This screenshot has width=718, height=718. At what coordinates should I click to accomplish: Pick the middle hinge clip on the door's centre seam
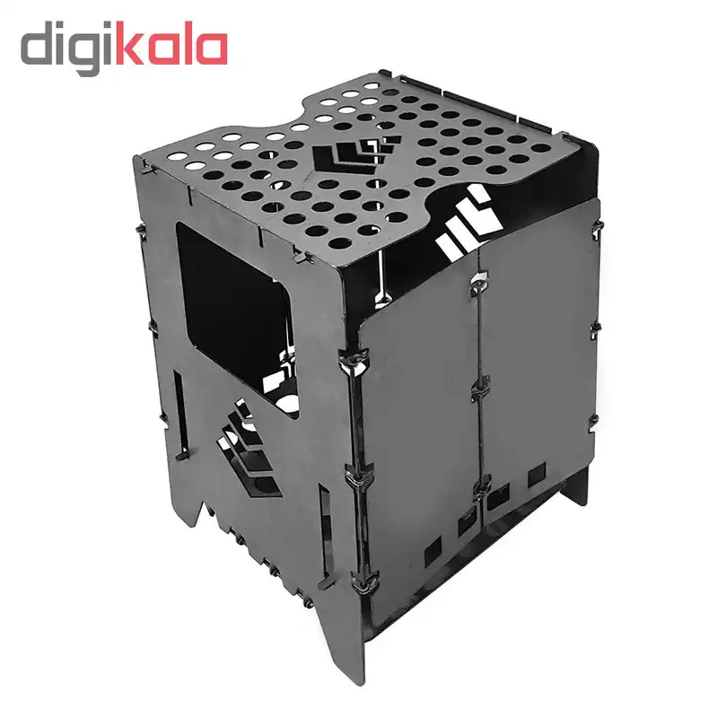click(x=481, y=390)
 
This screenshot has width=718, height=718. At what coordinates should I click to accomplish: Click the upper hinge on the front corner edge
click(x=354, y=361)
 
